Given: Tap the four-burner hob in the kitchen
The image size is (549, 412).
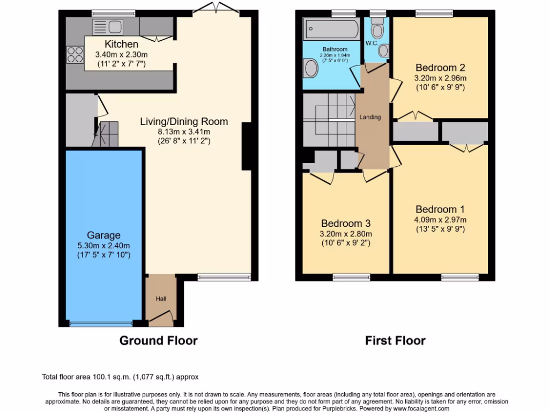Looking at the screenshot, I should (75, 55).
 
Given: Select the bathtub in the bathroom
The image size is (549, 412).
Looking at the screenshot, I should (331, 30).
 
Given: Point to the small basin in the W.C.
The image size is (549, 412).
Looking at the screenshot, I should (383, 51).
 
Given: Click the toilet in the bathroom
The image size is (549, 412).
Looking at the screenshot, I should (310, 68).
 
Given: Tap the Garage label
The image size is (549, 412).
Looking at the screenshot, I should (103, 235).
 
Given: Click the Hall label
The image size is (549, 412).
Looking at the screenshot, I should (161, 298).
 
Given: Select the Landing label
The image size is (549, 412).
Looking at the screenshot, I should (370, 117).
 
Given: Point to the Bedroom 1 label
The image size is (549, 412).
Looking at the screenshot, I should (440, 209).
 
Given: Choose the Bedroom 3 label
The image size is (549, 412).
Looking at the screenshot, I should (346, 223).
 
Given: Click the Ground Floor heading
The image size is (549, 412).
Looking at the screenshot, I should (158, 340).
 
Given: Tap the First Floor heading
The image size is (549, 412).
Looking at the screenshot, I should (395, 340).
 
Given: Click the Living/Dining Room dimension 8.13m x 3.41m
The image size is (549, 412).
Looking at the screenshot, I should (183, 132).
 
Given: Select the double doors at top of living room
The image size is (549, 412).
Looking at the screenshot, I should (213, 8).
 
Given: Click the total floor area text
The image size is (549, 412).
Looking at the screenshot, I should (123, 377).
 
